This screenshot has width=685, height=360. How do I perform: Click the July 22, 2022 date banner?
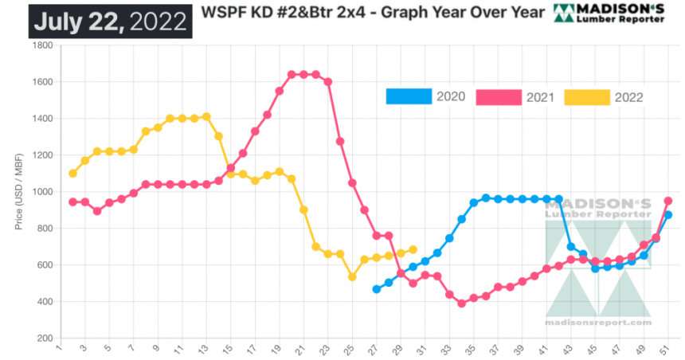pyautogui.click(x=110, y=18)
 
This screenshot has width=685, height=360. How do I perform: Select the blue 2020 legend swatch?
pyautogui.click(x=408, y=96)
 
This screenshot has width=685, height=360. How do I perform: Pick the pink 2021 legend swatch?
pyautogui.click(x=498, y=96)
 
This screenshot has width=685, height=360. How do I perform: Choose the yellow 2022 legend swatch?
pyautogui.click(x=586, y=96)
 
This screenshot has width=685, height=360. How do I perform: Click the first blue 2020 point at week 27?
pyautogui.click(x=376, y=289)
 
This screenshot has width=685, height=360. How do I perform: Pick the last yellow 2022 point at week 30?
pyautogui.click(x=413, y=249)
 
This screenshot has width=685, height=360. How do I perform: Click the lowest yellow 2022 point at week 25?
pyautogui.click(x=352, y=277)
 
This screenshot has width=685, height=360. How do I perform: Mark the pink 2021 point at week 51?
pyautogui.click(x=668, y=201)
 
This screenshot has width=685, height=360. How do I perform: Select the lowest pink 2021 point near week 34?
pyautogui.click(x=461, y=303)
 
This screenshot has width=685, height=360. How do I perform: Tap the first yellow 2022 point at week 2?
pyautogui.click(x=72, y=174)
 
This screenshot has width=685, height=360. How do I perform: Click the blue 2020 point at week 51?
pyautogui.click(x=668, y=215)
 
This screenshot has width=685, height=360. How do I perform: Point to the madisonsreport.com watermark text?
pyautogui.click(x=597, y=323)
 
